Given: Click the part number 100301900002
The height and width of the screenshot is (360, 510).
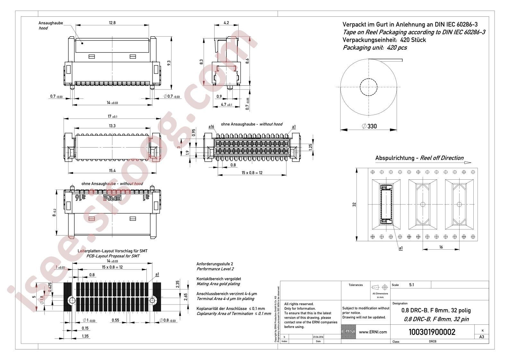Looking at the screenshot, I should (432, 332).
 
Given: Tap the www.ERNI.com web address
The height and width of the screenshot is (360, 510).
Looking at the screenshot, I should (373, 332).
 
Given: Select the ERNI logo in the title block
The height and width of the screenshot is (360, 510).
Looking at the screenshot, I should (348, 332).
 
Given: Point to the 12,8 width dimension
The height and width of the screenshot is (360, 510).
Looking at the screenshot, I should (112, 23).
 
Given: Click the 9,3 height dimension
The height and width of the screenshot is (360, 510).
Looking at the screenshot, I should (169, 63).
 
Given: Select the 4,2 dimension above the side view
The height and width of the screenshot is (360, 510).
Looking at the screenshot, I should (226, 23).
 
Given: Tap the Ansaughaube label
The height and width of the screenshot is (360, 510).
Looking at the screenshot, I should (51, 23).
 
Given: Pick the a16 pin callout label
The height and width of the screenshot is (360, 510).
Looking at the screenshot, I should (211, 127).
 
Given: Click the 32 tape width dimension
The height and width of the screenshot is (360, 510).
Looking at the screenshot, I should (354, 204).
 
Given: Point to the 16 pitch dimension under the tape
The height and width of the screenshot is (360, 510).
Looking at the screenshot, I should (441, 247).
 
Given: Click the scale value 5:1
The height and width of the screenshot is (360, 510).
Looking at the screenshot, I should (412, 285).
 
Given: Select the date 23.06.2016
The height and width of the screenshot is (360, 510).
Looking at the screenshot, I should (318, 337).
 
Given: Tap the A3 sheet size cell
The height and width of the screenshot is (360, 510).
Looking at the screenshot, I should (481, 337).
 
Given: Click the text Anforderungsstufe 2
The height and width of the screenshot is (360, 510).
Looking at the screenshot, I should (215, 264).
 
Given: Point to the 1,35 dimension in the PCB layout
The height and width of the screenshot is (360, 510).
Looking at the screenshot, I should (85, 336).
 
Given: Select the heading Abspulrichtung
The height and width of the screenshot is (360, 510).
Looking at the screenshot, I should (395, 158).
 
